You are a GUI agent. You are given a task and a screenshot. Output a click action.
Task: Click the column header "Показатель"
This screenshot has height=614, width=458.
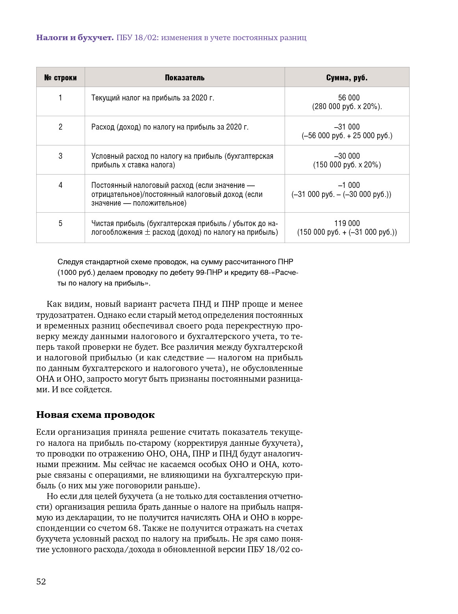pyautogui.click(x=185, y=78)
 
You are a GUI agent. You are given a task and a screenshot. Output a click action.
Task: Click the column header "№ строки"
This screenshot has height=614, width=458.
pyautogui.click(x=60, y=78)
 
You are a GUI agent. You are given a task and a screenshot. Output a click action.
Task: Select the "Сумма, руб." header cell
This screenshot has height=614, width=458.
pyautogui.click(x=347, y=78)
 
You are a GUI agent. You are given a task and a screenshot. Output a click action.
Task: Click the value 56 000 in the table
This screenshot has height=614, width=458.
pyautogui.click(x=349, y=98)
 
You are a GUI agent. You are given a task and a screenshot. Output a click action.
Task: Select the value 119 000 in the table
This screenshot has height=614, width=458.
pyautogui.click(x=347, y=223)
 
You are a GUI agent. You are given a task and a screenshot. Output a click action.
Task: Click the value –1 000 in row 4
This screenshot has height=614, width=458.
pyautogui.click(x=349, y=185)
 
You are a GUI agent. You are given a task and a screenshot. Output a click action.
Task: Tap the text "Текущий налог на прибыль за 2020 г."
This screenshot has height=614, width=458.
pyautogui.click(x=153, y=98)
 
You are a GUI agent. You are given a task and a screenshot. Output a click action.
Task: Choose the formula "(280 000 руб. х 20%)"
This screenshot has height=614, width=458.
pyautogui.click(x=347, y=107)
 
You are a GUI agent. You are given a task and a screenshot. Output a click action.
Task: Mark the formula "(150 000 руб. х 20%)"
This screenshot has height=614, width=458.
pyautogui.click(x=347, y=165)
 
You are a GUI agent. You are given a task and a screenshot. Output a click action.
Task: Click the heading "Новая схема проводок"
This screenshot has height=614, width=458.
pyautogui.click(x=95, y=415)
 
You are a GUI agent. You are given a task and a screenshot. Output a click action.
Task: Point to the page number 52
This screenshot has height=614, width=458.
pyautogui.click(x=41, y=582)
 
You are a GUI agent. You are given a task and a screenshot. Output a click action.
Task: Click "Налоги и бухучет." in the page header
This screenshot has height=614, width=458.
pyautogui.click(x=75, y=38)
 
